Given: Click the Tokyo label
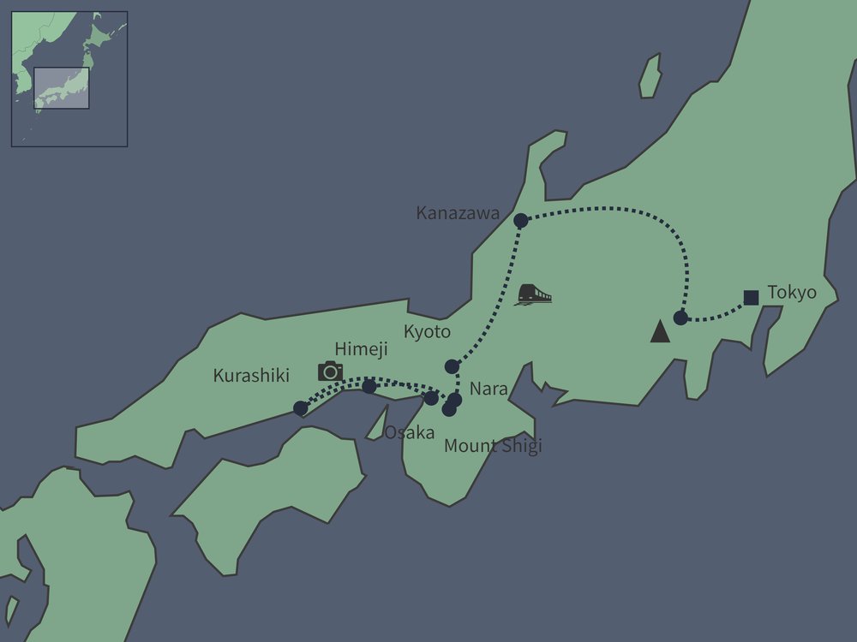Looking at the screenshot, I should (x=792, y=293).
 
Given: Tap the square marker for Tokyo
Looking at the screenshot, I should (x=751, y=298).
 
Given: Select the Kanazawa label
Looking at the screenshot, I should (x=458, y=213).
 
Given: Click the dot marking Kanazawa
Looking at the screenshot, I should (x=520, y=221).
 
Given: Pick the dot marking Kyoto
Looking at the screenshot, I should (x=452, y=366).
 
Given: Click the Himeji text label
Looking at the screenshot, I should (x=361, y=349).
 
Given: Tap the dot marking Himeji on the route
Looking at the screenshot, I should (x=369, y=387).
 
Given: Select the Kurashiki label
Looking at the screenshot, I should (x=252, y=376).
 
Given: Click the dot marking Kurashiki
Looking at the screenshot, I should (x=300, y=408).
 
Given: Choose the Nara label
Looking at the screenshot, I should (x=488, y=389).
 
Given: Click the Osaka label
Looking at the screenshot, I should (x=409, y=432).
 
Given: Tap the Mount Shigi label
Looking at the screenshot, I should (x=492, y=446).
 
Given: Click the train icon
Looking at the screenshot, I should (x=532, y=294).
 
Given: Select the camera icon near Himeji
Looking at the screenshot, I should (x=330, y=371).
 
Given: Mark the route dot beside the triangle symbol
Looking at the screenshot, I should (x=680, y=318).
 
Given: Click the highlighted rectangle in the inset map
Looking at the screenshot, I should (x=61, y=87).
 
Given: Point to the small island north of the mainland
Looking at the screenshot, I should (x=650, y=76).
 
